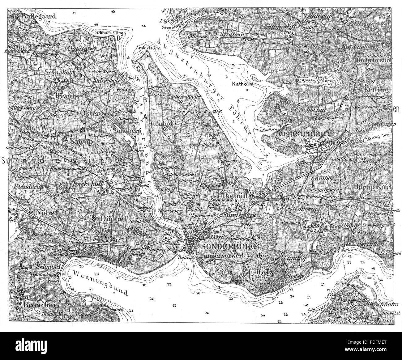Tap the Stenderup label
pyautogui.click(x=25, y=187)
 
